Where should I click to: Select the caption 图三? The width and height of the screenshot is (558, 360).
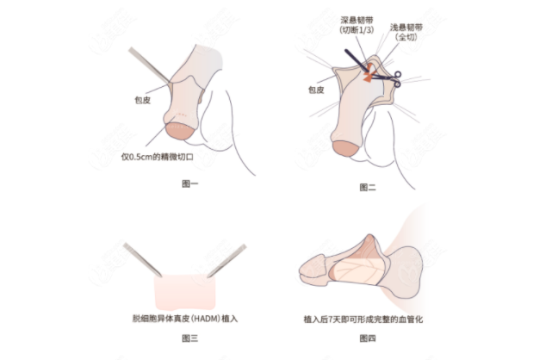[190, 338]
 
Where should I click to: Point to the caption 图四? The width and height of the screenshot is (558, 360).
[368, 338]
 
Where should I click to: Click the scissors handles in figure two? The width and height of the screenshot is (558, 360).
[397, 78]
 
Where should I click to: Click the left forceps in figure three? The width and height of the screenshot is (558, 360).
[141, 259]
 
